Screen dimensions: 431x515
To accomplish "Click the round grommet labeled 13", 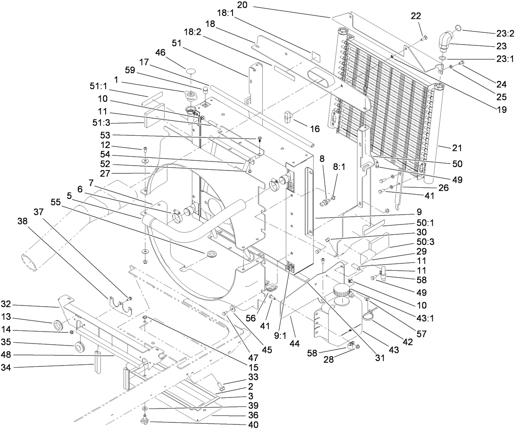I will [59, 325].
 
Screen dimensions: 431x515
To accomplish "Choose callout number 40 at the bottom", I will [253, 425].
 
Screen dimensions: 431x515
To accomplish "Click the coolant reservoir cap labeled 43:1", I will [341, 292].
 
